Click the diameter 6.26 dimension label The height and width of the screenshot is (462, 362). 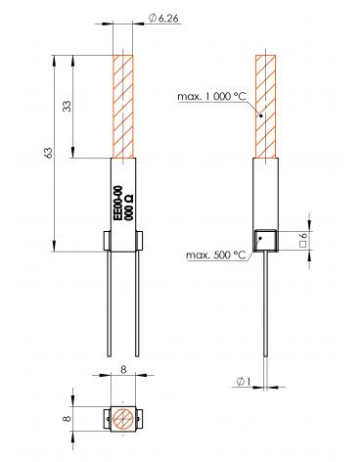click(163, 19)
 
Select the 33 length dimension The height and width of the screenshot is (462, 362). click(67, 106)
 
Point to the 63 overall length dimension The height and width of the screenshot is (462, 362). click(48, 153)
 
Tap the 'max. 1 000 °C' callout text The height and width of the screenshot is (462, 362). click(211, 97)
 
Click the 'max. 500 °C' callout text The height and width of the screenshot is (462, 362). click(216, 254)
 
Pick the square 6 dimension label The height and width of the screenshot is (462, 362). click(302, 240)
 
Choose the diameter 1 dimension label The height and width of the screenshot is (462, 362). click(245, 381)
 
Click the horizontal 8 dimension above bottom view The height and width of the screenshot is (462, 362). click(123, 370)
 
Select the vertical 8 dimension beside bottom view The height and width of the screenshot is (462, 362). click(67, 418)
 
